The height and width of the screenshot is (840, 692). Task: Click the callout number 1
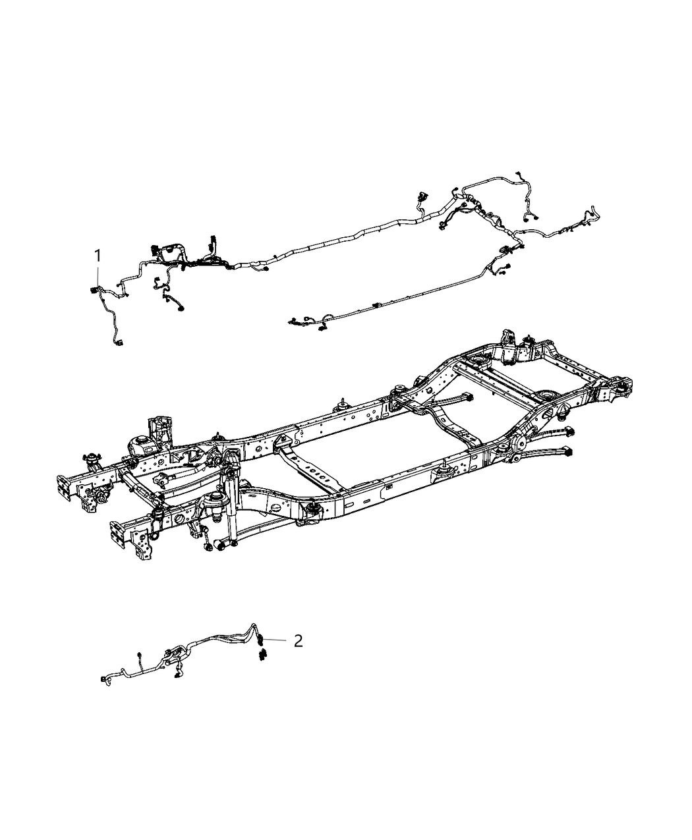98,256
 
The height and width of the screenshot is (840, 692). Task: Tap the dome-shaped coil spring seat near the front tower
139,444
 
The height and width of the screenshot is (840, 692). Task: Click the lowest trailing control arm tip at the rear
567,452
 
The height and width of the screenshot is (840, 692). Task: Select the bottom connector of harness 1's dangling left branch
119,343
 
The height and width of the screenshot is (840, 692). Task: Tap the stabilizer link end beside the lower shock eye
208,546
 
